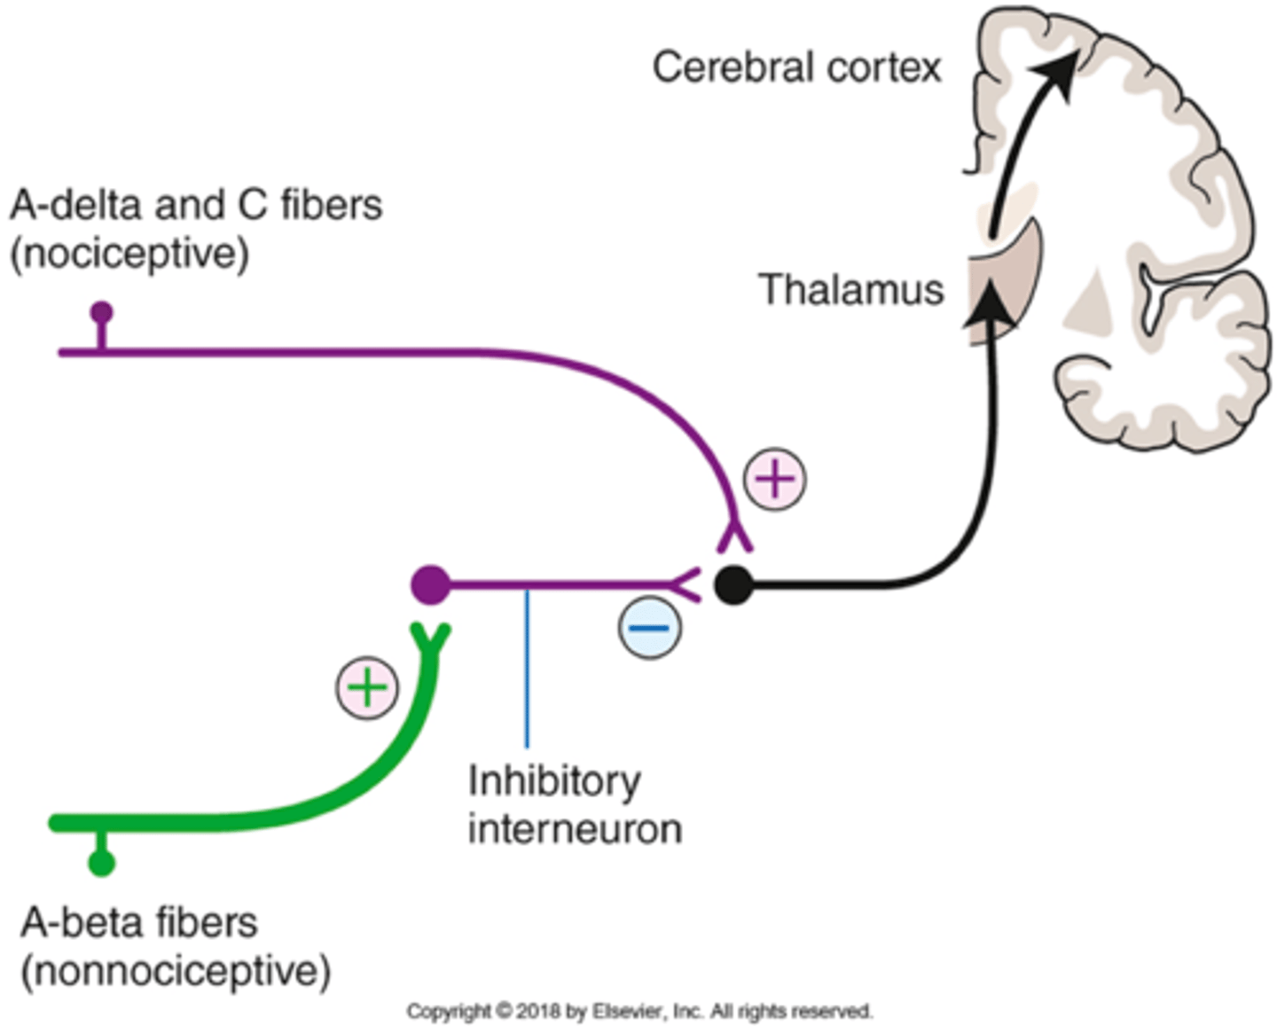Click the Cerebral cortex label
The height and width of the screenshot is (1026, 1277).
click(795, 68)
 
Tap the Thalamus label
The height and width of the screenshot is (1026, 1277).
click(850, 290)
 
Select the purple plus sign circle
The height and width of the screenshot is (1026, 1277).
click(774, 480)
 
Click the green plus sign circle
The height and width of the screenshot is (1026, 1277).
click(367, 688)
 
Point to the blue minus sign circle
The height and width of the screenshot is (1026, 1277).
click(649, 628)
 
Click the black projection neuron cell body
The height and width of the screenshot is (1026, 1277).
click(733, 585)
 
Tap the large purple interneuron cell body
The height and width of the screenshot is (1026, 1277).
click(431, 585)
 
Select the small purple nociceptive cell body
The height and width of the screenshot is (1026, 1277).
click(102, 312)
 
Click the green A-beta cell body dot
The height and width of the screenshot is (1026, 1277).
click(102, 863)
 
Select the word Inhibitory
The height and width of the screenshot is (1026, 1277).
click(553, 781)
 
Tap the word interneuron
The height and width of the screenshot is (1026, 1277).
click(575, 830)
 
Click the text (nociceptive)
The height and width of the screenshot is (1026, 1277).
click(129, 254)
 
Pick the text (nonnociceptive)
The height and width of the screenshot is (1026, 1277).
click(176, 971)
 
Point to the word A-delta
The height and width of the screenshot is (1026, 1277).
click(76, 206)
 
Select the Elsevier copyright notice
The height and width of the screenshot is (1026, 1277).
click(639, 1011)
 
